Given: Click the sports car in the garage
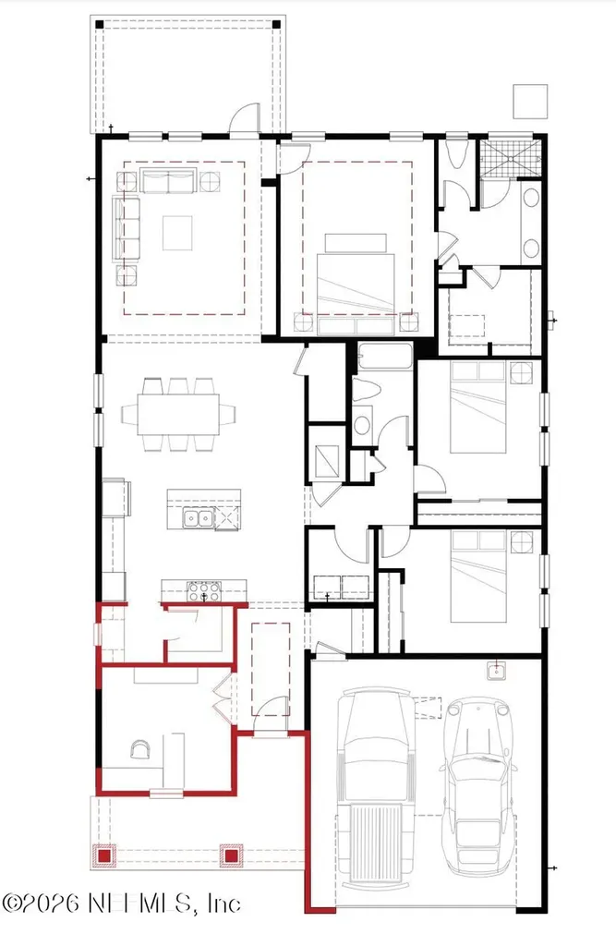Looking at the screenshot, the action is pos(479,785).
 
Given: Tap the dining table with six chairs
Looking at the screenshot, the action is pos(178,414).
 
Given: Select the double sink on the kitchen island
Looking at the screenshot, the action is pos(199,518).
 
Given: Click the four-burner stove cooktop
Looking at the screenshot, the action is pos(204,591).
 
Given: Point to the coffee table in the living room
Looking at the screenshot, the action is pos(177,233).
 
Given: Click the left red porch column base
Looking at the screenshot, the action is pos(103,855).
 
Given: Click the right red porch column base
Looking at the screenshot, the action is pos(231,855).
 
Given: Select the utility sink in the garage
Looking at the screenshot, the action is pos(497,671).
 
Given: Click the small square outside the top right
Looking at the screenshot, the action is pos(530,102).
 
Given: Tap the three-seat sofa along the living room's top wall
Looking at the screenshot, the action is pos(168,180).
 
